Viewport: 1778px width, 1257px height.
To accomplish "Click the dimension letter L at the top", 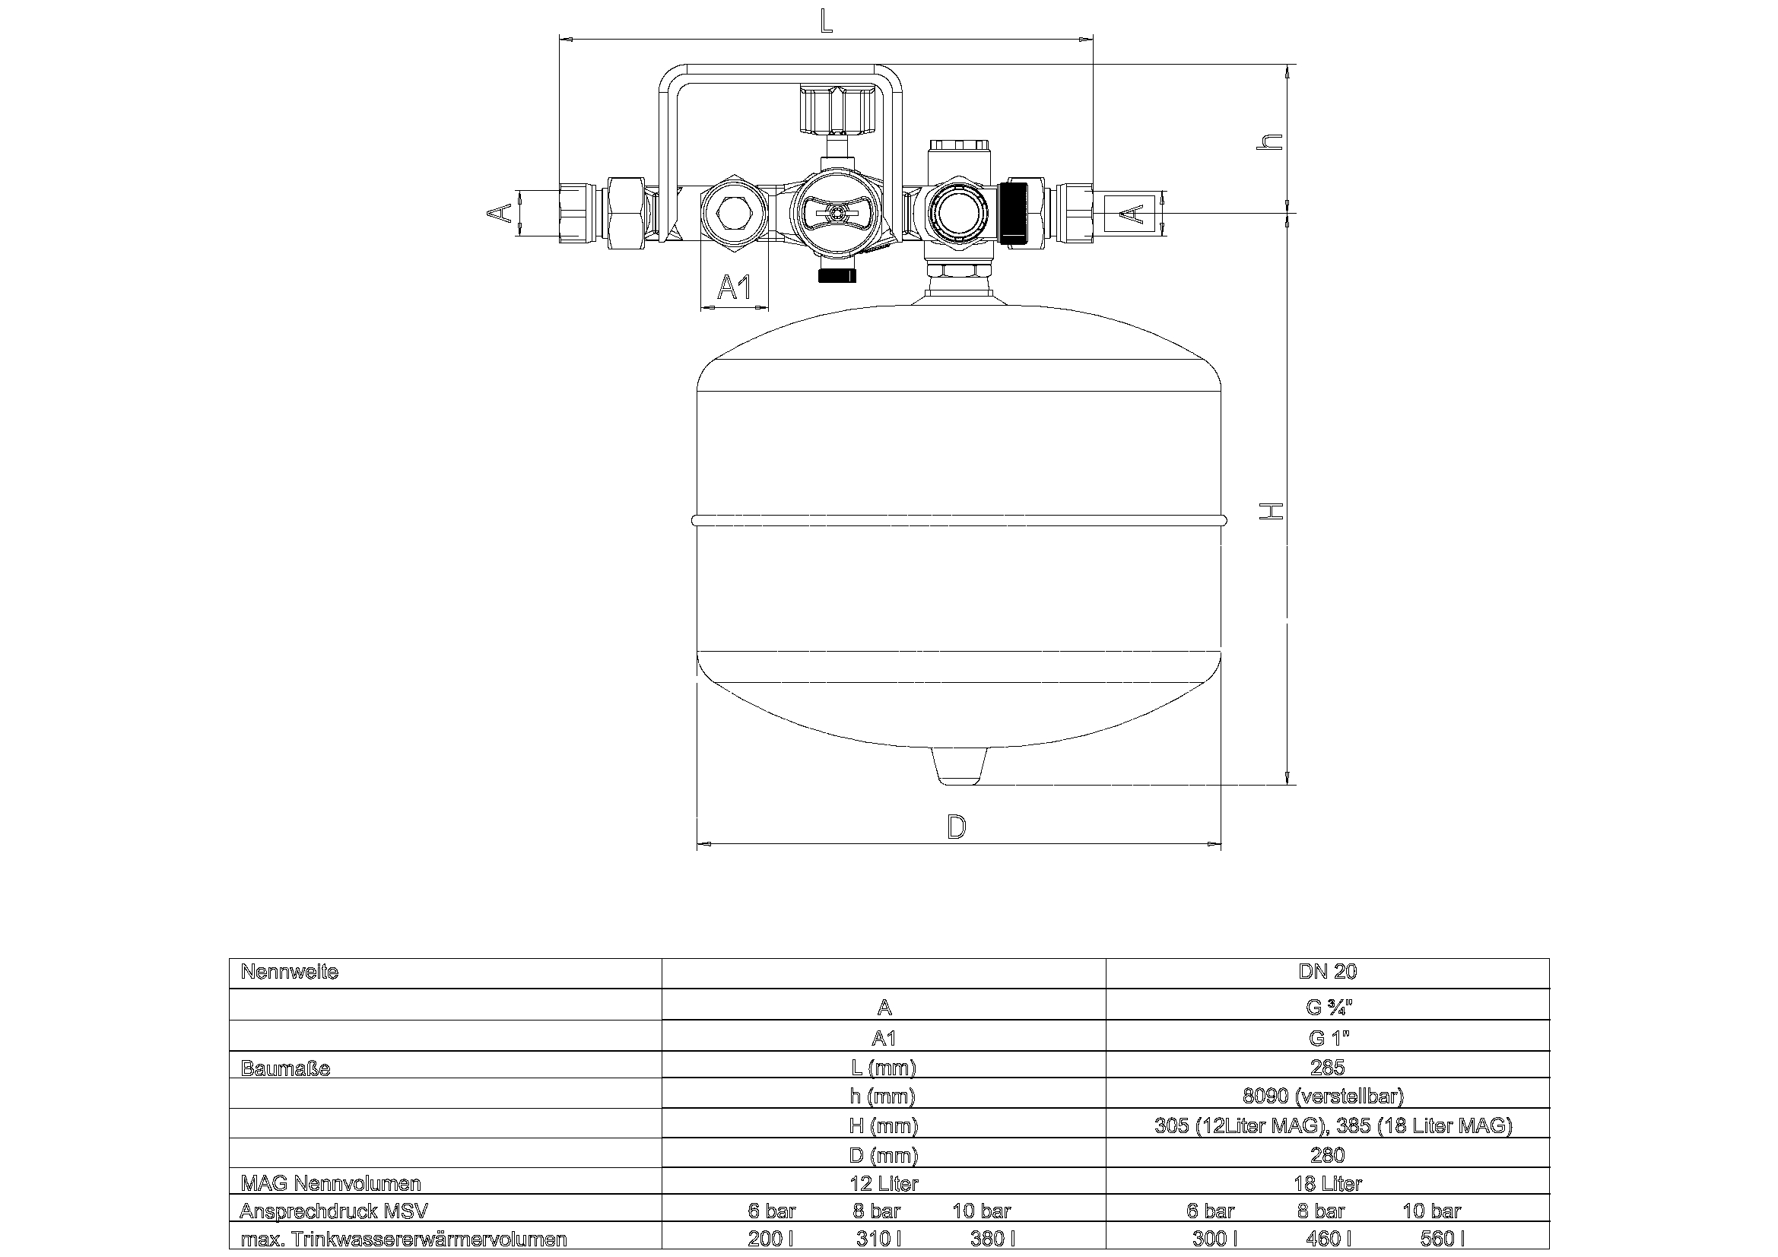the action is click(x=826, y=20).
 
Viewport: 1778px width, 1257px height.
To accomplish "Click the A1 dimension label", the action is click(x=734, y=287).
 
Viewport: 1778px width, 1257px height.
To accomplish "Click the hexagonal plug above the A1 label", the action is click(x=734, y=212).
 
